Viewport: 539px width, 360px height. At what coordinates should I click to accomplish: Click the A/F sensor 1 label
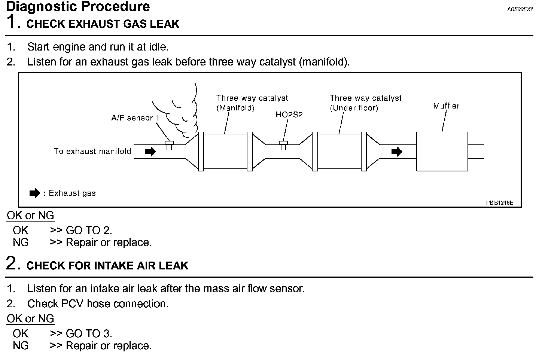pos(135,118)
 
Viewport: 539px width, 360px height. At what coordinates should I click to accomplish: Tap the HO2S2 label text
pos(289,115)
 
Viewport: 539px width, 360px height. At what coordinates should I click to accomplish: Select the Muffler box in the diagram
pos(442,151)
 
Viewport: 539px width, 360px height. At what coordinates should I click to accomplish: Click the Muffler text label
pos(446,106)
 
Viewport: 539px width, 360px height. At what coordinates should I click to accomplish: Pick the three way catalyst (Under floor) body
pos(339,151)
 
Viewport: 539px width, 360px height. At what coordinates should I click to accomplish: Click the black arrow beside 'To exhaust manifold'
pos(150,152)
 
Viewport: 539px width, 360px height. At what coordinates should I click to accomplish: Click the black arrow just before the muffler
pos(397,152)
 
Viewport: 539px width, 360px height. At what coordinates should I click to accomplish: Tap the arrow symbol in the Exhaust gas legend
pos(34,193)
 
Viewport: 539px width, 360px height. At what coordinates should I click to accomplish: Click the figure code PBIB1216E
pos(499,203)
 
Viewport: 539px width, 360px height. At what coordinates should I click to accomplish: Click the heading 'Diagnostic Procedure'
pos(78,6)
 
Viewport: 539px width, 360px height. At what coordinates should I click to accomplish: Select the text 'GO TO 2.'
pos(89,230)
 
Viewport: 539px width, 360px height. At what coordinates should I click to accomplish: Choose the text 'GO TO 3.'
pos(89,333)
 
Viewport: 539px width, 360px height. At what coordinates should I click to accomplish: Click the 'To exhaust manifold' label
pos(92,151)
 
